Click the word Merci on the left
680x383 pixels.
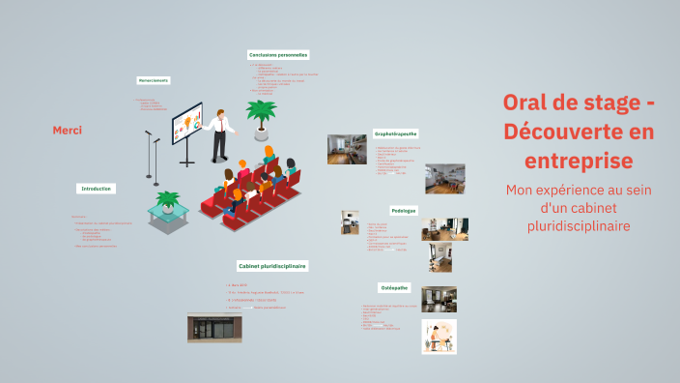[x=67, y=131]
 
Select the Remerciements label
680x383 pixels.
[x=154, y=80]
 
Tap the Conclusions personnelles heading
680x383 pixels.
[x=278, y=55]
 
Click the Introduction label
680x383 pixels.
[x=97, y=188]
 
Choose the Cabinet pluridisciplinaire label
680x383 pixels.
[x=271, y=265]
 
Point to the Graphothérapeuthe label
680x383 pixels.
[x=396, y=133]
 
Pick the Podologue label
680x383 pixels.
[x=404, y=210]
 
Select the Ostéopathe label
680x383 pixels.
[x=395, y=286]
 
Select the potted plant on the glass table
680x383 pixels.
[x=168, y=203]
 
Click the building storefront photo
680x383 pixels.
[x=214, y=327]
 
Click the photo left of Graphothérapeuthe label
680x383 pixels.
[x=347, y=149]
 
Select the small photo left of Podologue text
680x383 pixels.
[x=350, y=222]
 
